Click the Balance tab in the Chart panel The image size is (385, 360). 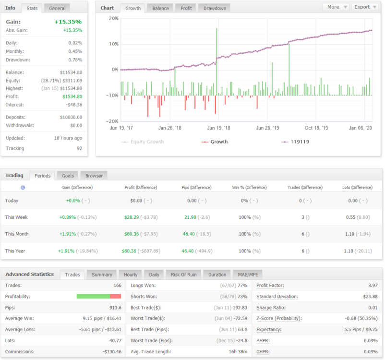[160, 8]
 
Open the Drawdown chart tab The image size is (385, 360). [215, 8]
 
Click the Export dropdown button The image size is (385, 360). [365, 7]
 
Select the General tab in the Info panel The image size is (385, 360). [57, 8]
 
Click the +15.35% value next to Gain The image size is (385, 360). [68, 22]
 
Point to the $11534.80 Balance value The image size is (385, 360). [71, 72]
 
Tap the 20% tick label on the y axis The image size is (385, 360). [113, 18]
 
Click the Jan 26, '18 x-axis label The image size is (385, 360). [169, 128]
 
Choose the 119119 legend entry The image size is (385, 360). [295, 142]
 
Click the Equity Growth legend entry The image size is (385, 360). [143, 142]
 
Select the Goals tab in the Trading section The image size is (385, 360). [68, 176]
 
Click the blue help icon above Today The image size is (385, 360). [23, 188]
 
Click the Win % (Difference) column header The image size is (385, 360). [249, 188]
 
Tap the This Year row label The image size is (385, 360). [15, 251]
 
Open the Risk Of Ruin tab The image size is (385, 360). [184, 275]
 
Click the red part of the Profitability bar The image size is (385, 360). [115, 296]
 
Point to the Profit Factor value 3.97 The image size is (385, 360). [373, 285]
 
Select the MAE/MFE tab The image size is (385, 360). [248, 275]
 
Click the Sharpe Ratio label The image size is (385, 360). [271, 308]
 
